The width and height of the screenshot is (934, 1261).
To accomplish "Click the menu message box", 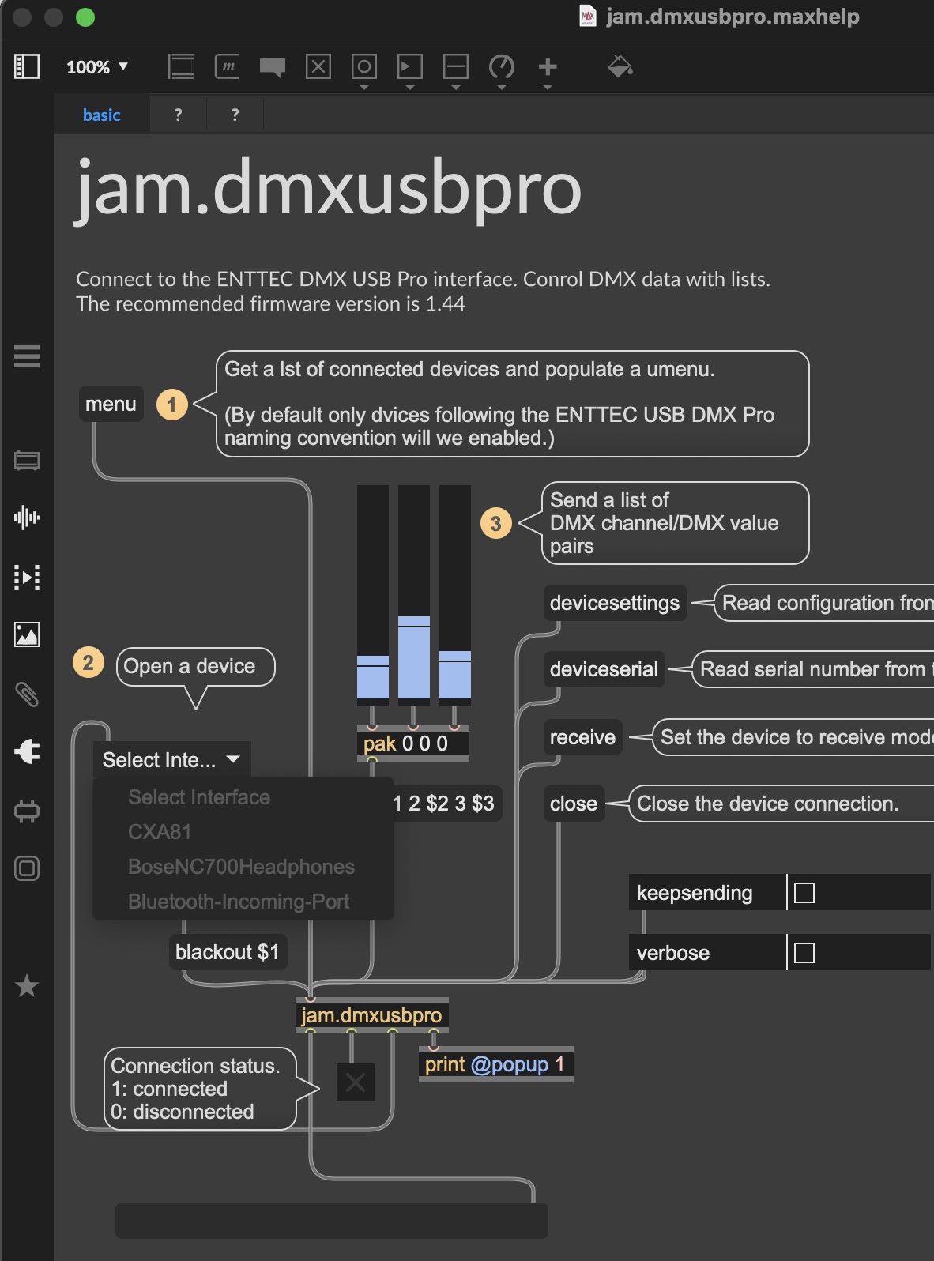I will [111, 404].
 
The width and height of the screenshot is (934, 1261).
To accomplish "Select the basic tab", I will [101, 115].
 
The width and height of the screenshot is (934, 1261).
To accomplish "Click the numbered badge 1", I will [171, 405].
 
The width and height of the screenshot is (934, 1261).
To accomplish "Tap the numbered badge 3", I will [495, 523].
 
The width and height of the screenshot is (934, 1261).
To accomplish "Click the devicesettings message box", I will [614, 603].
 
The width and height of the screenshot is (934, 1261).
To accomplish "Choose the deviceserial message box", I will [603, 669].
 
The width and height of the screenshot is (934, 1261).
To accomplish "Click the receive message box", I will [582, 737].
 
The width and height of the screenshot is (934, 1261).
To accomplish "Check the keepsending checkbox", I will [804, 893].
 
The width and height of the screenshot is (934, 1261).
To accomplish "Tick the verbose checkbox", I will [804, 953].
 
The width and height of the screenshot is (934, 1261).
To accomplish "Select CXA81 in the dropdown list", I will [160, 832].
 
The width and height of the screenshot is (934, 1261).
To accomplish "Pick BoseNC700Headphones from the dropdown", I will [241, 867].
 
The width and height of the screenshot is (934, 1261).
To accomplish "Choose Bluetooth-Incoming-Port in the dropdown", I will [238, 902].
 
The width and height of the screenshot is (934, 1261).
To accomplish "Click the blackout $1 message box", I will [227, 952].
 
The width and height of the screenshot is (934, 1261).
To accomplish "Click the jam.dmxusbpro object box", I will [371, 1015].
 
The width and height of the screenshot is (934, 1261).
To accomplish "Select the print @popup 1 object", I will [495, 1064].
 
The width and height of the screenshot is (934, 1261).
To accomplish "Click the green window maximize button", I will [85, 17].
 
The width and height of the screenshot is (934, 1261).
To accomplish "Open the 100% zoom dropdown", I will [97, 67].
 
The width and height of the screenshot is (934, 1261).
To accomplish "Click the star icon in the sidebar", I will [27, 985].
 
